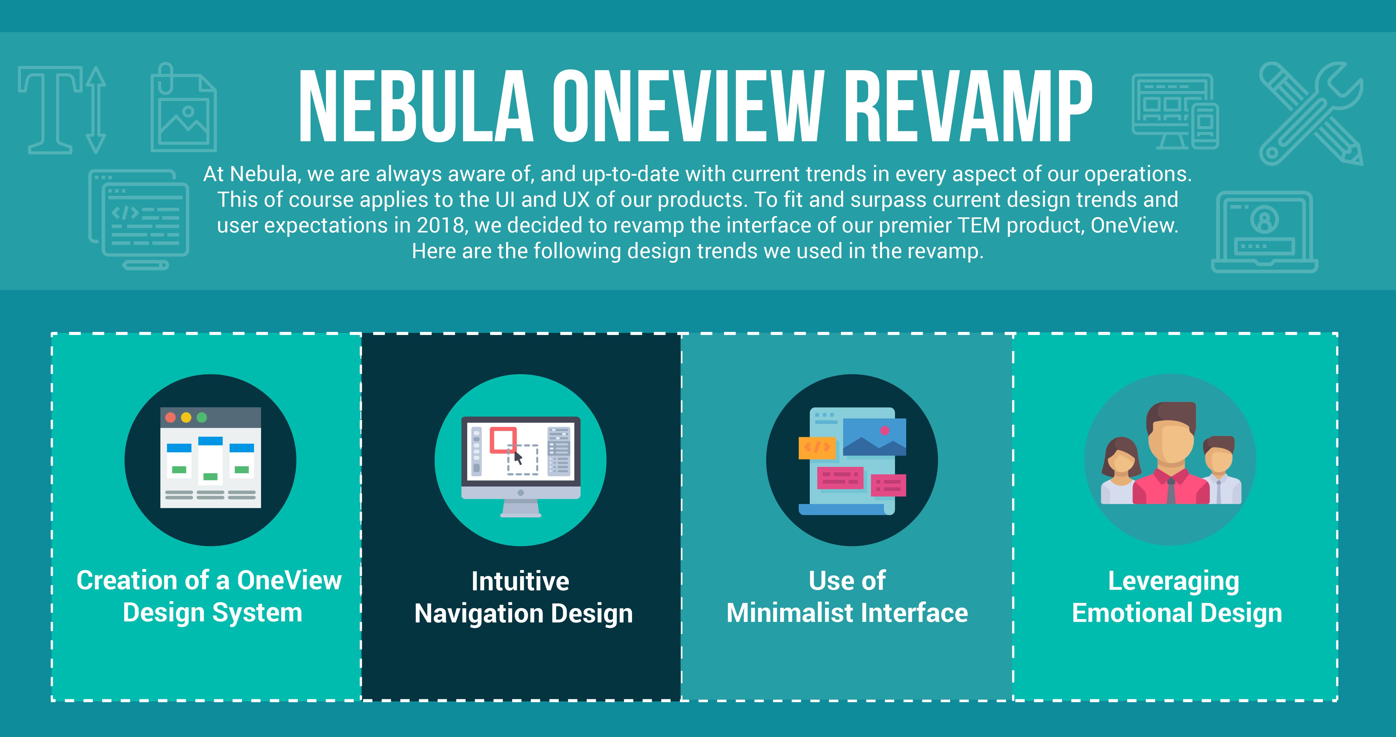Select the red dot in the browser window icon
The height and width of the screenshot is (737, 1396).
point(170,417)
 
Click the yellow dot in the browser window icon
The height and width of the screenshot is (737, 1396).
point(186,417)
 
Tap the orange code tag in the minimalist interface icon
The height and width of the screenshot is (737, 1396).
point(817,447)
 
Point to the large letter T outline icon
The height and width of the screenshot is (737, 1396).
point(52,108)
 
